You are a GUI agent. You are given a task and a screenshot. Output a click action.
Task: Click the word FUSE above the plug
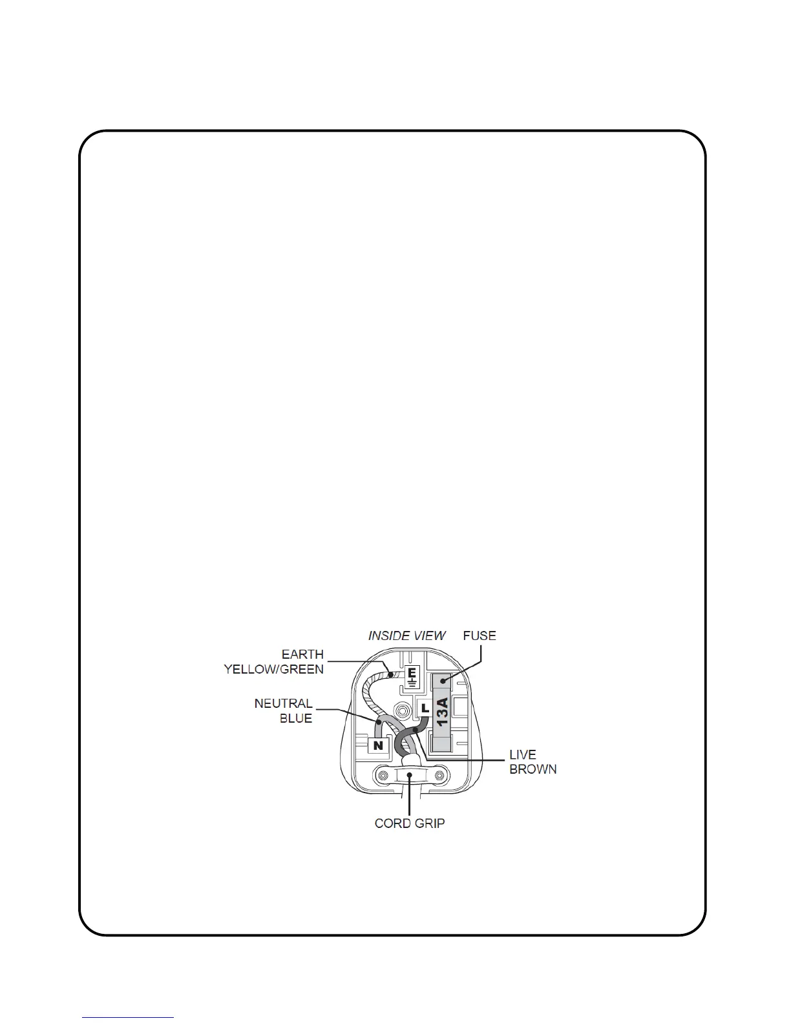point(480,635)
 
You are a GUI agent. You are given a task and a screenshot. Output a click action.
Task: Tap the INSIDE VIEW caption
point(407,635)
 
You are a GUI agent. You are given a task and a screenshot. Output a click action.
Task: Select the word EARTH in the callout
point(302,654)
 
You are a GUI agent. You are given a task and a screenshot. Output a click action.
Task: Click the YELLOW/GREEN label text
point(274,670)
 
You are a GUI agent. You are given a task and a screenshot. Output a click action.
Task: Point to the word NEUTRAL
point(284,703)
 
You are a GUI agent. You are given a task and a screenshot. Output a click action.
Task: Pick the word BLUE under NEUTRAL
point(296,719)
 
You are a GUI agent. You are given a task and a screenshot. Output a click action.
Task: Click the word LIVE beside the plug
point(523,754)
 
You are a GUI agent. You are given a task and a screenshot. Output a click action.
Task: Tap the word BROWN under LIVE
point(533,769)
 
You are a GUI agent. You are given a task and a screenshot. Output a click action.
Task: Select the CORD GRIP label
point(410,823)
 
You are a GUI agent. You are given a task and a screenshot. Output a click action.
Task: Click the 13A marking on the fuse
point(442,712)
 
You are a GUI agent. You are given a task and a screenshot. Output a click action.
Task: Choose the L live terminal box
point(424,708)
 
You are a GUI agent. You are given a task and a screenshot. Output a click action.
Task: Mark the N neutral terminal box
point(379,746)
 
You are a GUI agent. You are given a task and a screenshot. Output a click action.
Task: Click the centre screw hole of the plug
point(403,710)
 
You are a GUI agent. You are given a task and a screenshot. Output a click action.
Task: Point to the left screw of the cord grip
point(383,775)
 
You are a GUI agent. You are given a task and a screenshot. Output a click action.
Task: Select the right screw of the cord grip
point(439,775)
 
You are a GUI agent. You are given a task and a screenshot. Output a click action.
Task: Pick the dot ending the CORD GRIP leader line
point(410,774)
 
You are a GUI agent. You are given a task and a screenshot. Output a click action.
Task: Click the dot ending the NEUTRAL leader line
point(377,721)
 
